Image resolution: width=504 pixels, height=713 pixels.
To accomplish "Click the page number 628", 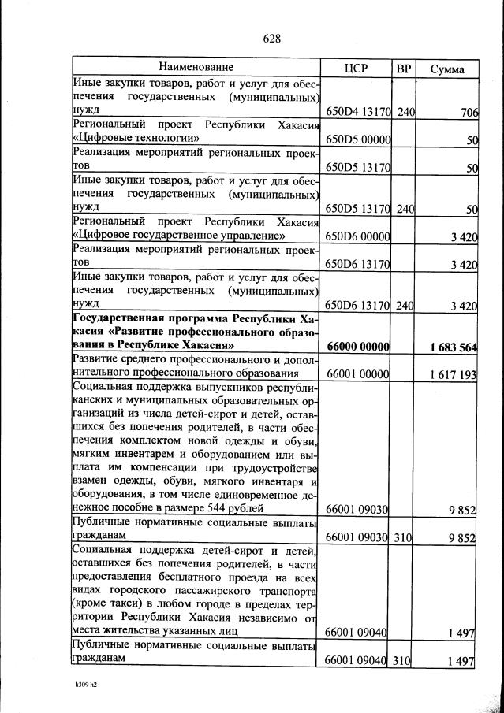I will point(271,38).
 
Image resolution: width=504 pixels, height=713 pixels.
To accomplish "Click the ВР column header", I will point(404,69).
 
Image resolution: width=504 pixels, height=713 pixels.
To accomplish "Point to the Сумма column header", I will point(446,69).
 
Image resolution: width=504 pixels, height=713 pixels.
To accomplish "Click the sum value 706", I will point(469,113).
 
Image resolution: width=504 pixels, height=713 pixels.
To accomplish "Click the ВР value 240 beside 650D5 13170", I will point(405,209).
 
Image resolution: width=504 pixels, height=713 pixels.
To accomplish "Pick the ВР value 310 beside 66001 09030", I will point(405,537).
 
